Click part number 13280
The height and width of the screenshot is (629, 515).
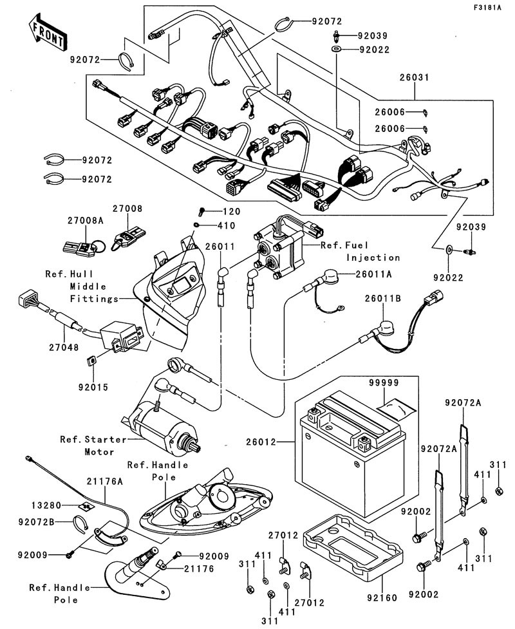46,506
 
